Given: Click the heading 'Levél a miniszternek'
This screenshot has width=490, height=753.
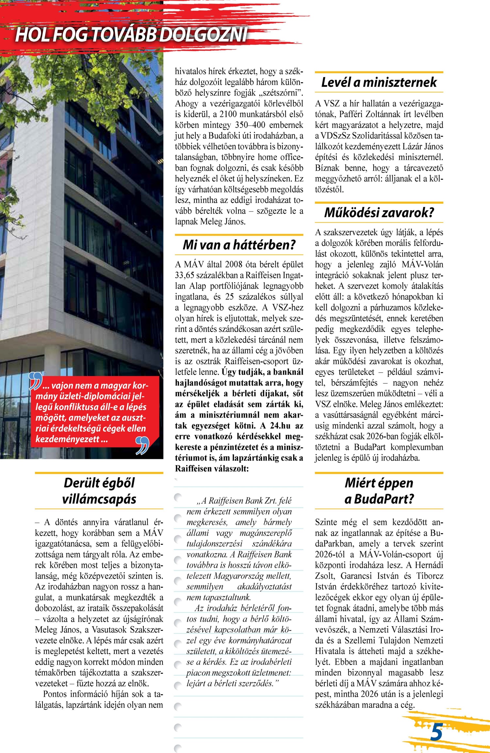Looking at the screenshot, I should click(x=379, y=82).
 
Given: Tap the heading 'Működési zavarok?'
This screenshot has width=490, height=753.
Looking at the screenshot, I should click(x=379, y=213).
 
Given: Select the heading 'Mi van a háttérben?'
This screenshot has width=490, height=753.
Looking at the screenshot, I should click(x=239, y=245).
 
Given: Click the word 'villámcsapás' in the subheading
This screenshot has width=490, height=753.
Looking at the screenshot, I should click(x=99, y=499).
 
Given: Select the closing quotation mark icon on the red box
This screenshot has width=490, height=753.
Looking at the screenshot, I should click(x=142, y=445).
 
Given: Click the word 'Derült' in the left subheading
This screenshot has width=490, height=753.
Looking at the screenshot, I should click(x=81, y=483).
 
